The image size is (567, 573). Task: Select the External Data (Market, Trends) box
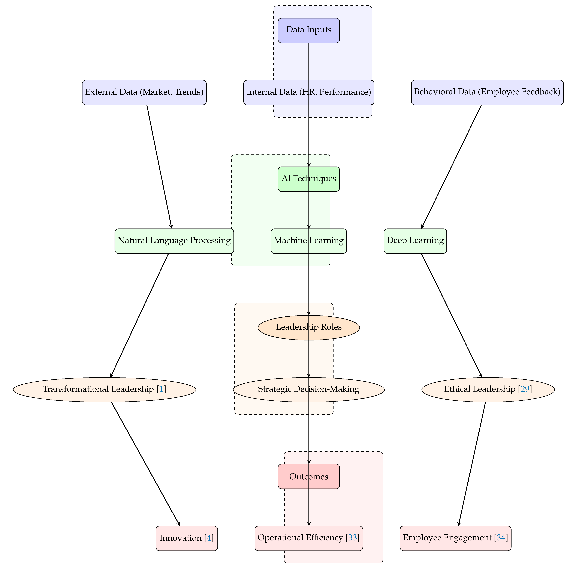click(x=144, y=92)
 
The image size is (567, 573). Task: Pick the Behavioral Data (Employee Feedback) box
click(x=487, y=92)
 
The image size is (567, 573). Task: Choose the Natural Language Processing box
click(x=174, y=241)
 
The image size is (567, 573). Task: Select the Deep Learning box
click(x=415, y=241)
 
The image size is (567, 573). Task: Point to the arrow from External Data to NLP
click(x=159, y=166)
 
